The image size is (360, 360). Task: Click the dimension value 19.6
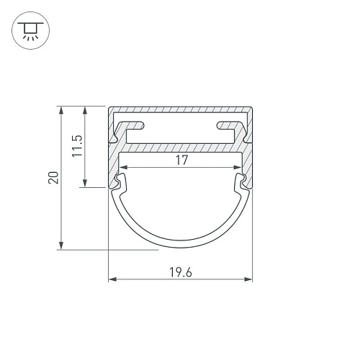tap(181, 272)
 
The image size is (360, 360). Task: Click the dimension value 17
tap(181, 161)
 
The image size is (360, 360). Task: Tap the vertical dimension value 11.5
tap(77, 146)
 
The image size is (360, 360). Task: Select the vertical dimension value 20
tap(53, 178)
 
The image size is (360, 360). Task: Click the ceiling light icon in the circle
tap(30, 30)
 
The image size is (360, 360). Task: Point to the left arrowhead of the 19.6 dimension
tap(112, 279)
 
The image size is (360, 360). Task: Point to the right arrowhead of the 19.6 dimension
tap(248, 279)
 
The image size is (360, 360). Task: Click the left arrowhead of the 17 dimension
tap(124, 168)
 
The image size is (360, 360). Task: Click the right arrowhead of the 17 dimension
tap(238, 168)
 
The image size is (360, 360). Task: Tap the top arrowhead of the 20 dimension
tap(61, 110)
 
